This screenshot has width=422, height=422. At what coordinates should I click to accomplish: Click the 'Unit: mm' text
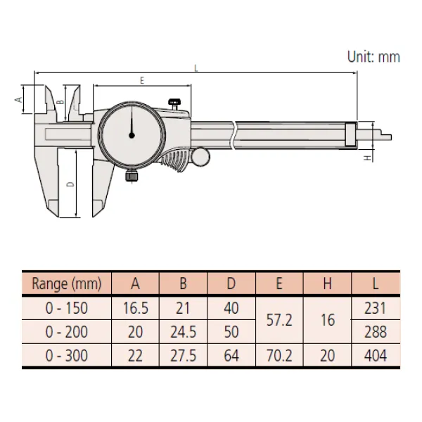pos(373,57)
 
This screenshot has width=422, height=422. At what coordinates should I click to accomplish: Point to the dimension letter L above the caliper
pos(196,68)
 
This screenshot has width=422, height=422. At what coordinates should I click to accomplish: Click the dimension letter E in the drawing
pos(142,81)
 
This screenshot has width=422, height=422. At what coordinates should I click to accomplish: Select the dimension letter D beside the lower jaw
pos(69,184)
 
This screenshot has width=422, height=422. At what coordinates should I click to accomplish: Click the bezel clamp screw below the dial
pos(131,177)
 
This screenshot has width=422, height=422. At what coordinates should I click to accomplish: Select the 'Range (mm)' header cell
pos(67,284)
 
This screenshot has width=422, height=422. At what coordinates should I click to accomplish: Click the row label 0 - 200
pos(67,332)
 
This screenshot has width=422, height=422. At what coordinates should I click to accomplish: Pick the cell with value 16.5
pos(136,308)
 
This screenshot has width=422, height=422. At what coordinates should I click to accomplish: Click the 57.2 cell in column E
pos(279,320)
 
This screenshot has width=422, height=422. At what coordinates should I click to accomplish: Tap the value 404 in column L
pos(376,356)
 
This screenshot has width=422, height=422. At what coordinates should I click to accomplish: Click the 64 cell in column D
pos(231,356)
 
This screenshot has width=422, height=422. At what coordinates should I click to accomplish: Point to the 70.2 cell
pos(279,356)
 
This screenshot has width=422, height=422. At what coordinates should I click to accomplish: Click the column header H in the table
pos(327,284)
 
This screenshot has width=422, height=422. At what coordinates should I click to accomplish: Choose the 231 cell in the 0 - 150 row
pos(376,308)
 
